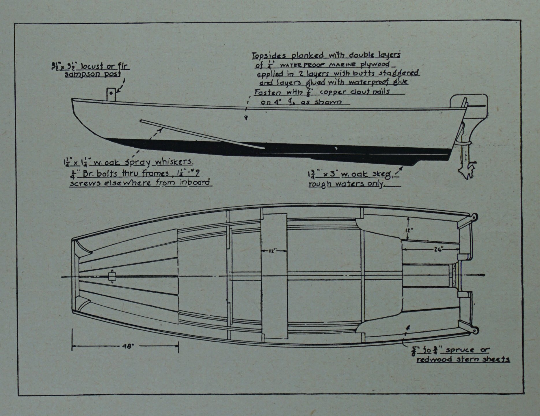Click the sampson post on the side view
point(111,94)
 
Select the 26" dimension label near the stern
point(438,250)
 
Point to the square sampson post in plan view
point(112,276)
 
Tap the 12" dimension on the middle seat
point(273,251)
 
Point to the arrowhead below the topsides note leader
point(246,118)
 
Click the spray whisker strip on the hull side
point(202,135)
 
